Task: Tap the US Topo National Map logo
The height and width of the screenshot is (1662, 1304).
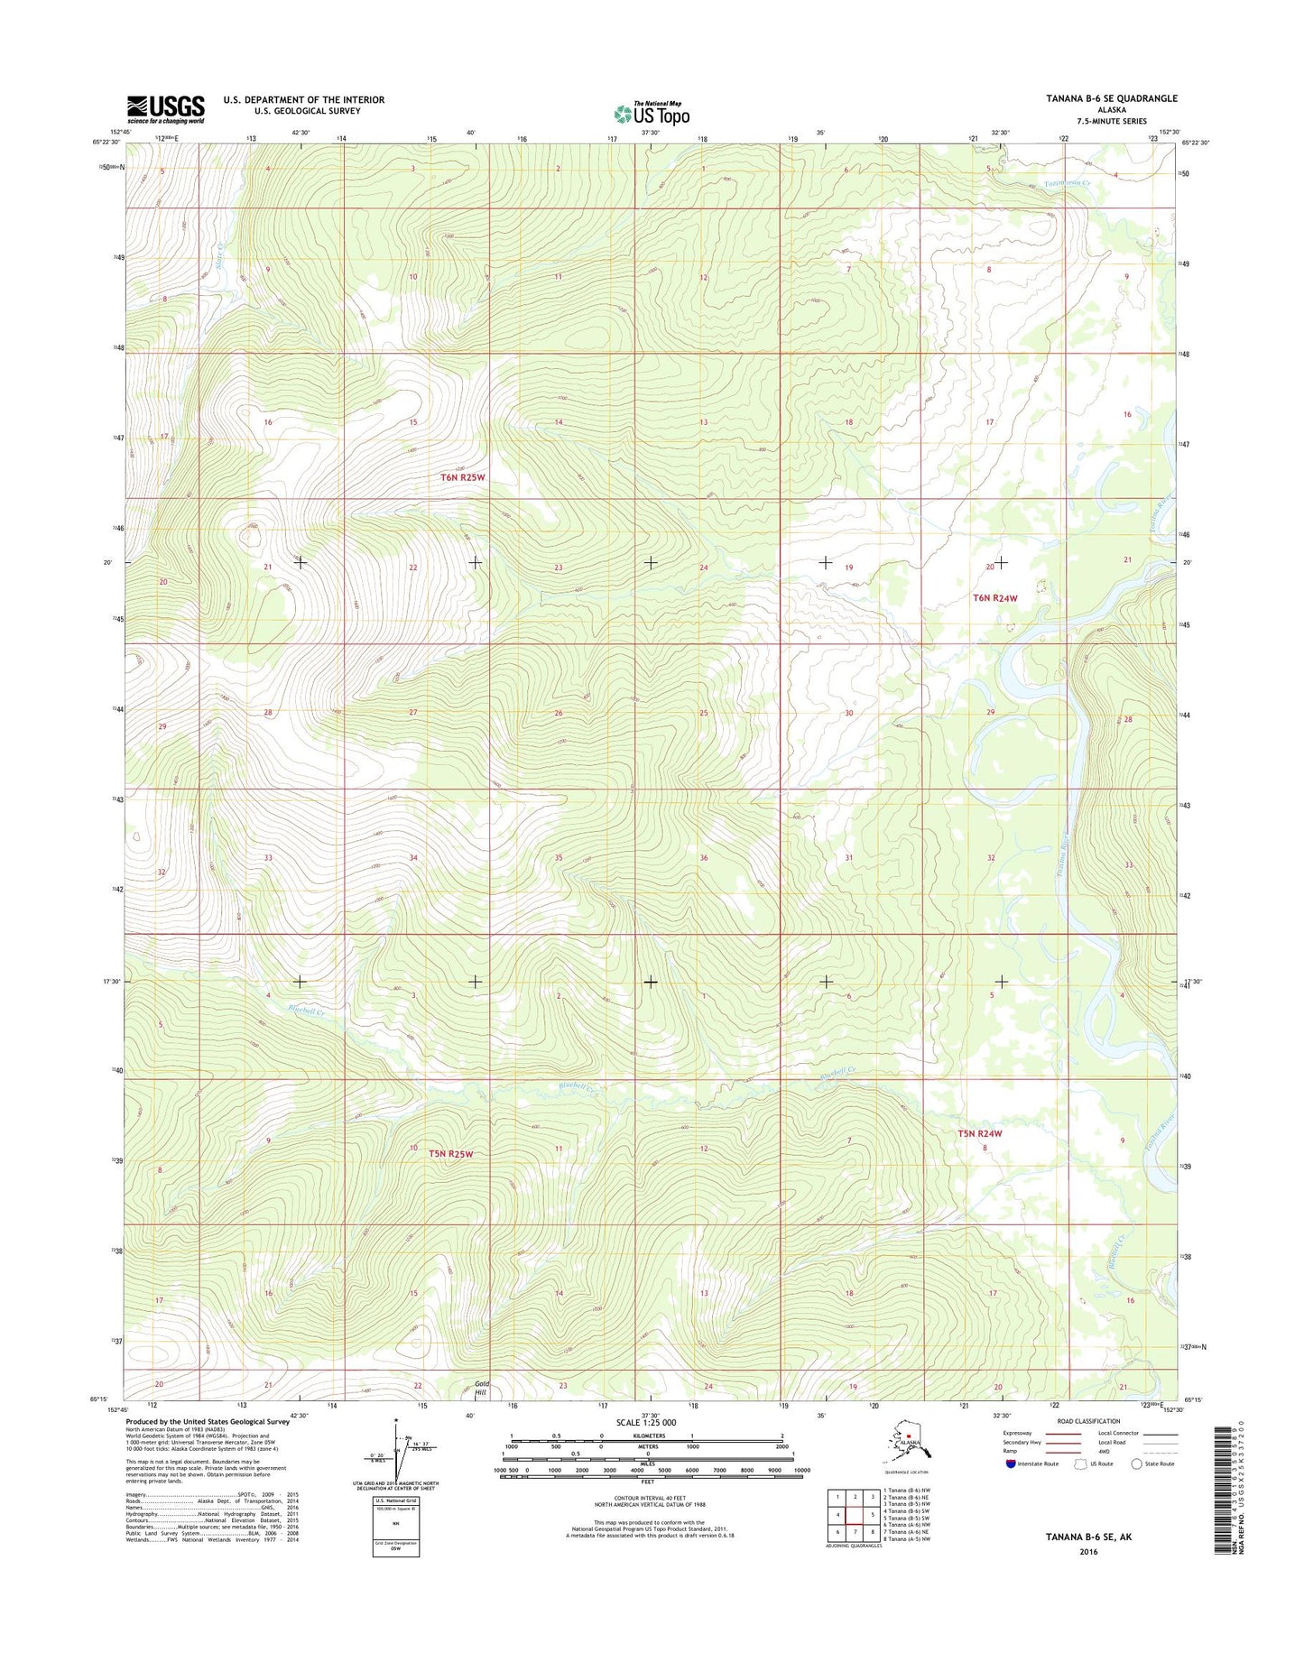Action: click(x=652, y=113)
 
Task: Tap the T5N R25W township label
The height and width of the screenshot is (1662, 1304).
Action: click(x=451, y=1153)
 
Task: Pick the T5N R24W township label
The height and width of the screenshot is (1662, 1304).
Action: click(x=980, y=1133)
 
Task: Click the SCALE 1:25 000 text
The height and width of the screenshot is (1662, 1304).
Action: click(x=646, y=1422)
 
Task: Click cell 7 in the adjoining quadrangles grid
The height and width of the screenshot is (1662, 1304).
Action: click(x=855, y=1532)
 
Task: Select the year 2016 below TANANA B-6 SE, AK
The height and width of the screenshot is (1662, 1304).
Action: click(x=1088, y=1552)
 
